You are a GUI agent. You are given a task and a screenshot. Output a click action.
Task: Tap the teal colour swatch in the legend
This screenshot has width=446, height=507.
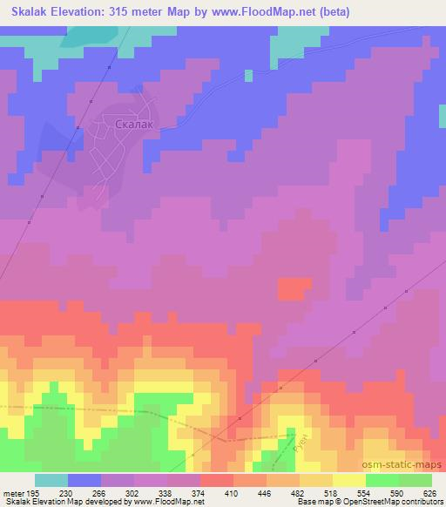click(51, 480)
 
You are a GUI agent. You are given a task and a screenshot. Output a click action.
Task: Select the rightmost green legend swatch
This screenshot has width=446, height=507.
click(416, 480)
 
